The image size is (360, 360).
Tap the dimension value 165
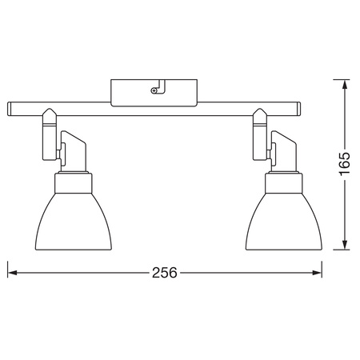[x=345, y=164]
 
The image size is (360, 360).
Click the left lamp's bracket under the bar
[x=48, y=128]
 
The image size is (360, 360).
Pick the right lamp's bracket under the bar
[x=261, y=128]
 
